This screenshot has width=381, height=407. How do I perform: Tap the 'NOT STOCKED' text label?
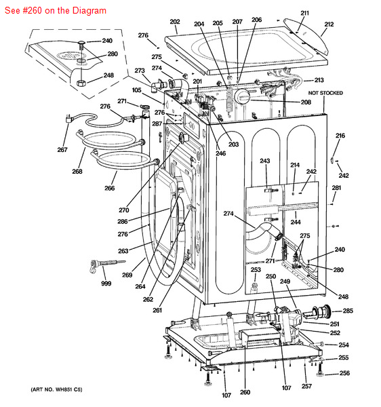coord(325,93)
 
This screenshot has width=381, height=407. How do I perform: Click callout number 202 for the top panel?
coord(174,22)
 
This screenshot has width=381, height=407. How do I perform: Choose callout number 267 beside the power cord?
coord(62,150)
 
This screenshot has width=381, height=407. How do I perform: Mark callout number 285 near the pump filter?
coord(348,311)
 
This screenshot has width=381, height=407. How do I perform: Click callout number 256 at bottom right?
coord(344,373)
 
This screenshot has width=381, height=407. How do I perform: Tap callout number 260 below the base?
coord(245,392)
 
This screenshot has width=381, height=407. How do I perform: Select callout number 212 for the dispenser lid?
coord(329,24)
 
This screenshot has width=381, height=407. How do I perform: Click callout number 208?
coord(306,102)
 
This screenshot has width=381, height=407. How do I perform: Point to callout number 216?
coord(340,136)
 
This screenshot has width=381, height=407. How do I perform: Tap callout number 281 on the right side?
coord(336,188)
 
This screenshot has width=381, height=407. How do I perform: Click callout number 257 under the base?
coord(307,386)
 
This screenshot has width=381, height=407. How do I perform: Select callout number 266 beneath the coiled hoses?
coord(109,188)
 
